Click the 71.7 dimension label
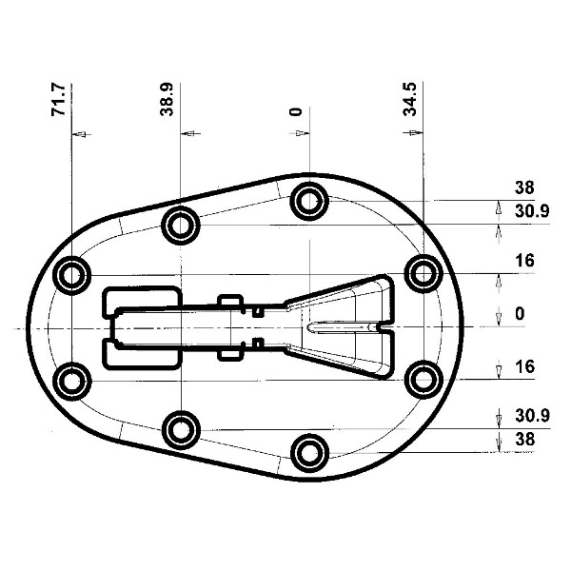pos(58,100)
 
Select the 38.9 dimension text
pos(167,99)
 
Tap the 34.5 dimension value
pos(409,99)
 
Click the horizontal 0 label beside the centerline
pos(520,313)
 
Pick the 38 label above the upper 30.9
pos(524,187)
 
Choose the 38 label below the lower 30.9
pos(524,439)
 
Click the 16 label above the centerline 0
pos(524,261)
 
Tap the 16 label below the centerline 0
pos(524,366)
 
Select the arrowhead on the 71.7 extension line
pos(81,134)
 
